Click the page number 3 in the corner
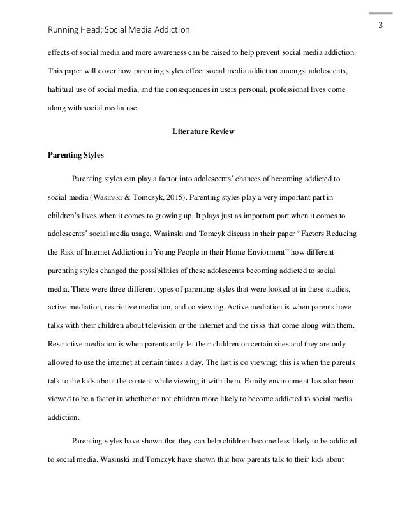coord(380,26)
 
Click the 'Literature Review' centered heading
coord(204,132)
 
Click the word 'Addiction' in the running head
coord(171,30)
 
